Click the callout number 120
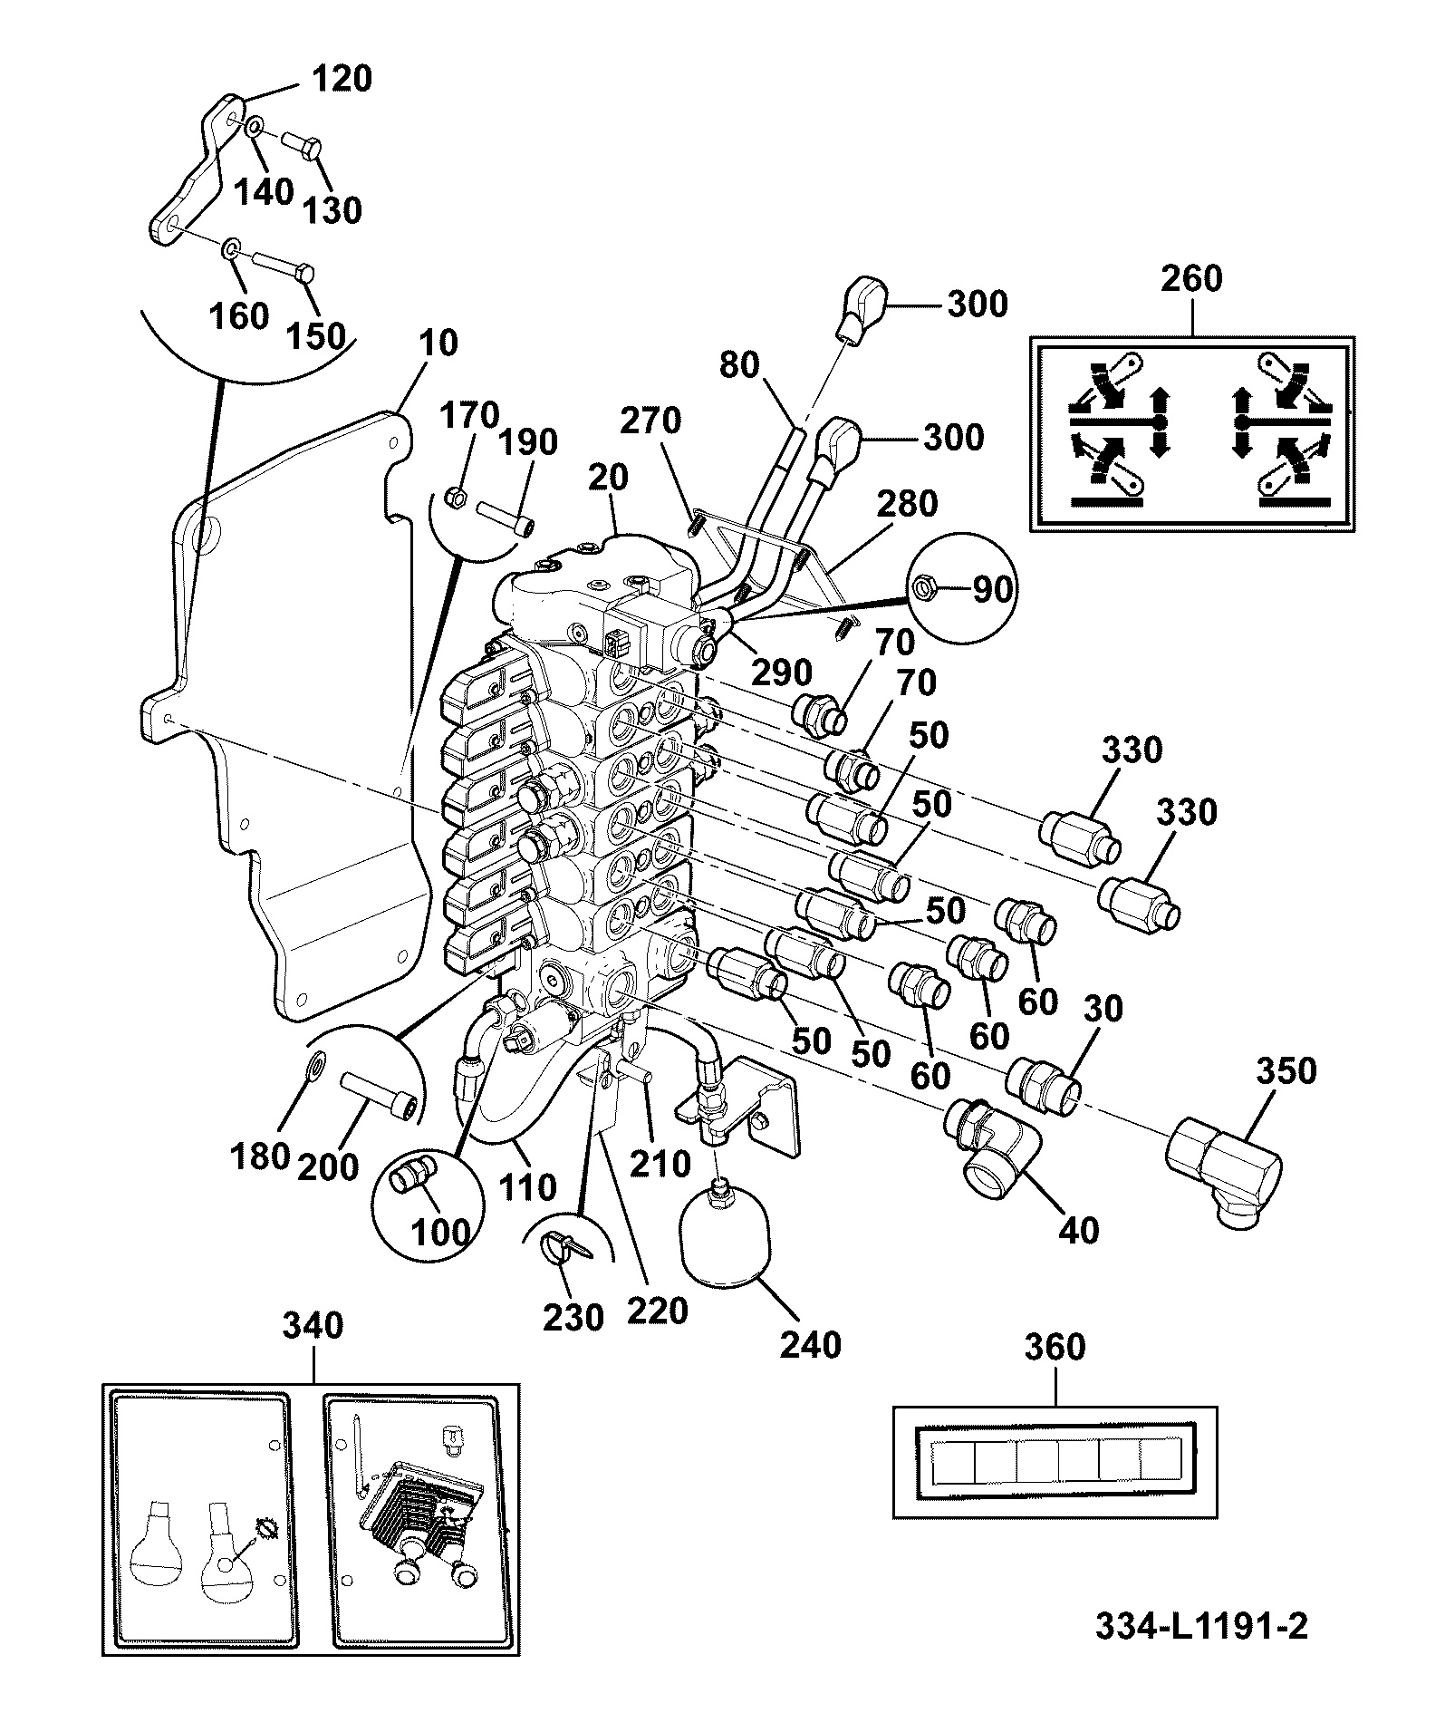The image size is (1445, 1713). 342,79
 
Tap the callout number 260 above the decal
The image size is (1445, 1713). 1191,278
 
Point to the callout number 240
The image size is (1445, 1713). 811,1344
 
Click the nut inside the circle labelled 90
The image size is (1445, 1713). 925,589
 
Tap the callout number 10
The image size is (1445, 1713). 438,344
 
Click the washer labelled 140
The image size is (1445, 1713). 255,126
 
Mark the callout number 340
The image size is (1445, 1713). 313,1326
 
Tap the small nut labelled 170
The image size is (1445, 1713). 457,496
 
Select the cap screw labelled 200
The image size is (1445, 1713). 381,1096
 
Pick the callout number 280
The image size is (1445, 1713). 909,505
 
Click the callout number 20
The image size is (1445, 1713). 607,478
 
